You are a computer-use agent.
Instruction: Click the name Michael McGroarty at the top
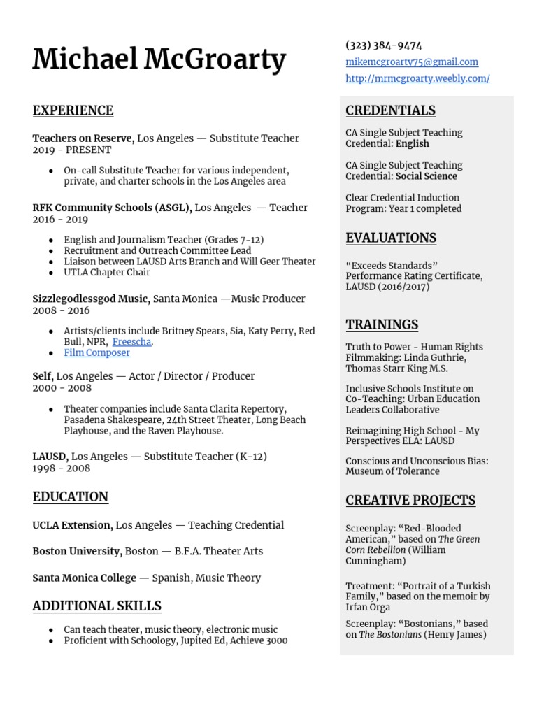click(x=159, y=61)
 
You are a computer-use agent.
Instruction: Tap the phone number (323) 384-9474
click(x=383, y=45)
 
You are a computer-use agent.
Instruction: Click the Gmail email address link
click(x=412, y=62)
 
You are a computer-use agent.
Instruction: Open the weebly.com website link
click(x=417, y=79)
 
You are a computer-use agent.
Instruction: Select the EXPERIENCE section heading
click(x=73, y=110)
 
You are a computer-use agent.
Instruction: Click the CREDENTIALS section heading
click(x=390, y=110)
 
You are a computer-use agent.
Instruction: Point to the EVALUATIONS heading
click(x=390, y=238)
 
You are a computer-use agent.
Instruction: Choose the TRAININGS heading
click(x=382, y=324)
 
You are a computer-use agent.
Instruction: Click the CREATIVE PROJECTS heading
click(x=410, y=500)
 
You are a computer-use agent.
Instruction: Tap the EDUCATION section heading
click(x=70, y=497)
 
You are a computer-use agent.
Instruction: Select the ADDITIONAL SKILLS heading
click(x=96, y=606)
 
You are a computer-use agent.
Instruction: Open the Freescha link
click(x=131, y=342)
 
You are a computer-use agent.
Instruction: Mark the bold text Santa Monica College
click(x=84, y=578)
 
